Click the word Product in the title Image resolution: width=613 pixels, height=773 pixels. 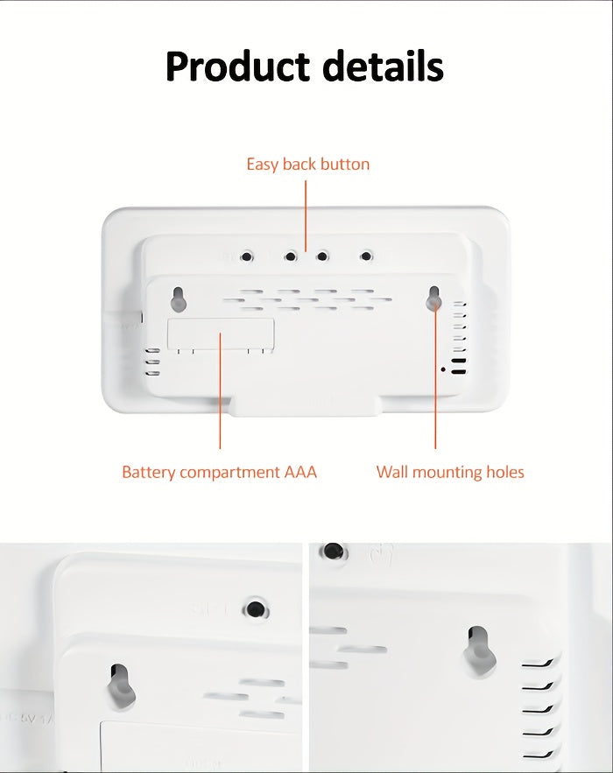click(236, 67)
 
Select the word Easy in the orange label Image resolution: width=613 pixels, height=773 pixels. click(262, 165)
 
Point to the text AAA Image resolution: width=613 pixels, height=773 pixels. click(300, 473)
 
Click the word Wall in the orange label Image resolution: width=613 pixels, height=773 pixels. click(392, 473)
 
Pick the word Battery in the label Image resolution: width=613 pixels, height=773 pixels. click(147, 473)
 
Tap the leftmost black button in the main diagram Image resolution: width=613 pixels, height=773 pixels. click(247, 256)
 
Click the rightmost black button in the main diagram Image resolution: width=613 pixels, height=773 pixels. click(365, 256)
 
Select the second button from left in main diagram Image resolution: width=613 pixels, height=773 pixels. click(290, 256)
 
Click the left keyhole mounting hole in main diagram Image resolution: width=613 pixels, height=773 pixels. click(178, 298)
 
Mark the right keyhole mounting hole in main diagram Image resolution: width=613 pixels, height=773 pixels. click(433, 298)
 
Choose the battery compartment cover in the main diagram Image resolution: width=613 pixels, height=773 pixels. click(221, 335)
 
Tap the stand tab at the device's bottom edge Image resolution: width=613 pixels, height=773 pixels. click(305, 405)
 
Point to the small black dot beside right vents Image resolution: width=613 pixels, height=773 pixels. click(443, 369)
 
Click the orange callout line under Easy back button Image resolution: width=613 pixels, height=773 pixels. click(306, 214)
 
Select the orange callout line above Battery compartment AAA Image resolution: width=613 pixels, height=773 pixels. click(220, 394)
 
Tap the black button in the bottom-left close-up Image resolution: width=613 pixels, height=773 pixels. click(255, 608)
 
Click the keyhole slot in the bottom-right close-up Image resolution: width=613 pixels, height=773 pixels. click(479, 650)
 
